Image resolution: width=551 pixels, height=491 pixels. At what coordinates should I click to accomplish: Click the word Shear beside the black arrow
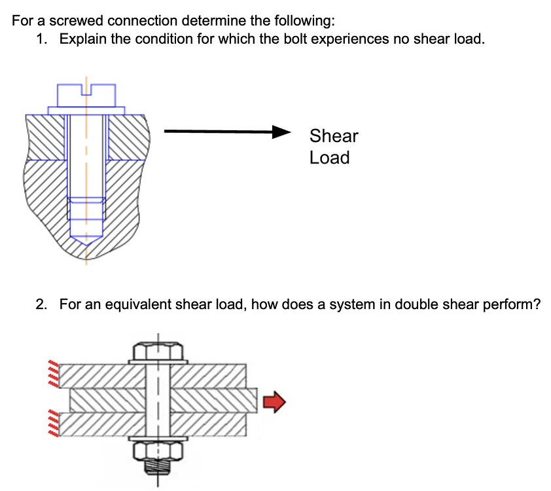click(x=334, y=136)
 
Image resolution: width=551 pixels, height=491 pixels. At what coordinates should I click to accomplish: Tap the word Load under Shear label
click(x=329, y=158)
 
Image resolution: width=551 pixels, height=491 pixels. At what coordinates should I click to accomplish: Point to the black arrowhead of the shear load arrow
click(x=282, y=132)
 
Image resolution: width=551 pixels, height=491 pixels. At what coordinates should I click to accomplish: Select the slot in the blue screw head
click(x=86, y=90)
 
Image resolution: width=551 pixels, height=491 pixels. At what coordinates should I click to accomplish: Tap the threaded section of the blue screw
click(x=86, y=209)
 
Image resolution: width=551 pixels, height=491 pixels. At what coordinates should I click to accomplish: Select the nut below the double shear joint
click(x=157, y=450)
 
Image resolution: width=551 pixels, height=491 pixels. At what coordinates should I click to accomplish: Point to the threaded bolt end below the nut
click(x=157, y=469)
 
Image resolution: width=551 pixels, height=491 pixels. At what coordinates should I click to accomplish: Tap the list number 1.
click(x=41, y=39)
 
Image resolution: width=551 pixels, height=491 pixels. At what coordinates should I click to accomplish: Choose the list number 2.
click(x=41, y=304)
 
